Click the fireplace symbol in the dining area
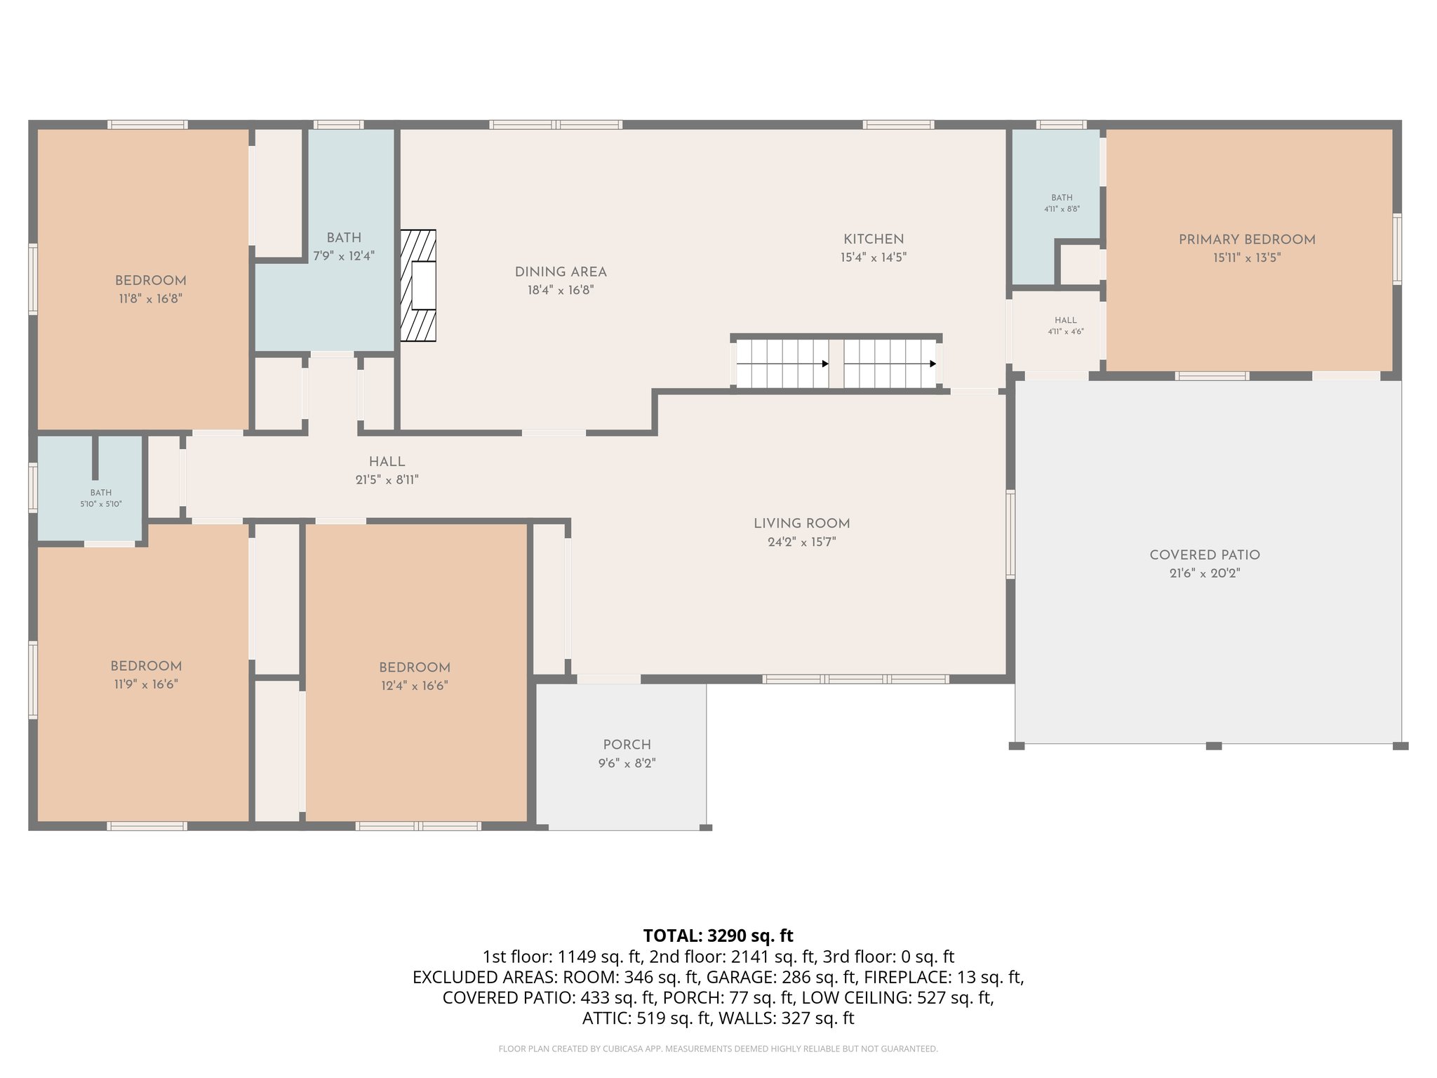click(418, 286)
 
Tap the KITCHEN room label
click(874, 239)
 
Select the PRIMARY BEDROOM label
click(1247, 239)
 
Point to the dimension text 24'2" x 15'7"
click(801, 542)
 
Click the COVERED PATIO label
click(1205, 555)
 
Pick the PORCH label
click(627, 745)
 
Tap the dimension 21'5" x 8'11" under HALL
click(387, 480)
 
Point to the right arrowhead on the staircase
click(933, 364)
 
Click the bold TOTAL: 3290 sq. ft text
click(718, 936)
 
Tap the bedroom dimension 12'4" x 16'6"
click(414, 686)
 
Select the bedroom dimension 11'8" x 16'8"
click(150, 298)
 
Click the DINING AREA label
click(561, 272)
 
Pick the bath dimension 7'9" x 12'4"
click(344, 256)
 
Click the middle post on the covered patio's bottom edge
click(1213, 745)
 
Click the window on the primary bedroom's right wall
click(1396, 249)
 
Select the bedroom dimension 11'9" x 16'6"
click(146, 684)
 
